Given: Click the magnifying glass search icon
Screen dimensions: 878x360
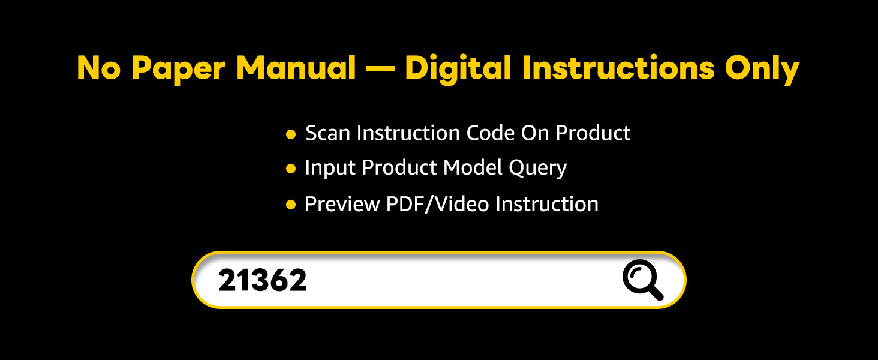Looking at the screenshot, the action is pos(643,279).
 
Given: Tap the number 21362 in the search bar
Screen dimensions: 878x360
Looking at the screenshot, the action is pos(263,280).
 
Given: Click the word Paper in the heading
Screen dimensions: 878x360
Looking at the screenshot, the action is pos(179,69).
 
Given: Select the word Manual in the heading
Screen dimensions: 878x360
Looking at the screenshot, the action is pos(296,68).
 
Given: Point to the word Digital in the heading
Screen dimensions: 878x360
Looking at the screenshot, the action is pos(458,69).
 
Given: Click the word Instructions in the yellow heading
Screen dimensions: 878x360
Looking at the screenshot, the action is pos(618,67).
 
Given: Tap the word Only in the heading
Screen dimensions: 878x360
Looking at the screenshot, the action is pos(762,69).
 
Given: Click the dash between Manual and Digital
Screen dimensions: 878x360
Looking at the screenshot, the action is pos(381,69).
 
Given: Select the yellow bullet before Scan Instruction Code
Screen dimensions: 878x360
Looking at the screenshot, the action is pos(291,134).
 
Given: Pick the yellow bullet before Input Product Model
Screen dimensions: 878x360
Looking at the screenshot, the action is pos(291,169).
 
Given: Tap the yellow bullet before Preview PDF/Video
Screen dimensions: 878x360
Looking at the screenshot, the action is pos(291,205).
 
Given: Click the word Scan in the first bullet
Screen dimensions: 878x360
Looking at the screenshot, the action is pos(327,133).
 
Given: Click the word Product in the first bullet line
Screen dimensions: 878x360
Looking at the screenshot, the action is pos(593,133).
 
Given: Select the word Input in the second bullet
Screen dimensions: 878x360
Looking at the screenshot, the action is pos(330,168).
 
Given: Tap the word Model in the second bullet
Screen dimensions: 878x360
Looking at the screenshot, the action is pos(473,167).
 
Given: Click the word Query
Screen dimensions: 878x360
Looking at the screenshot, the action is pos(538,168).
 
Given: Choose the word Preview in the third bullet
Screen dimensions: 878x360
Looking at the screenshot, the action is pos(342,204).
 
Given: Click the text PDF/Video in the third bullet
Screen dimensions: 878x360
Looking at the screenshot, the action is pos(437,204).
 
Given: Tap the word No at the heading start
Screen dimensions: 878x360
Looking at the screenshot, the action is pos(99,68).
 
